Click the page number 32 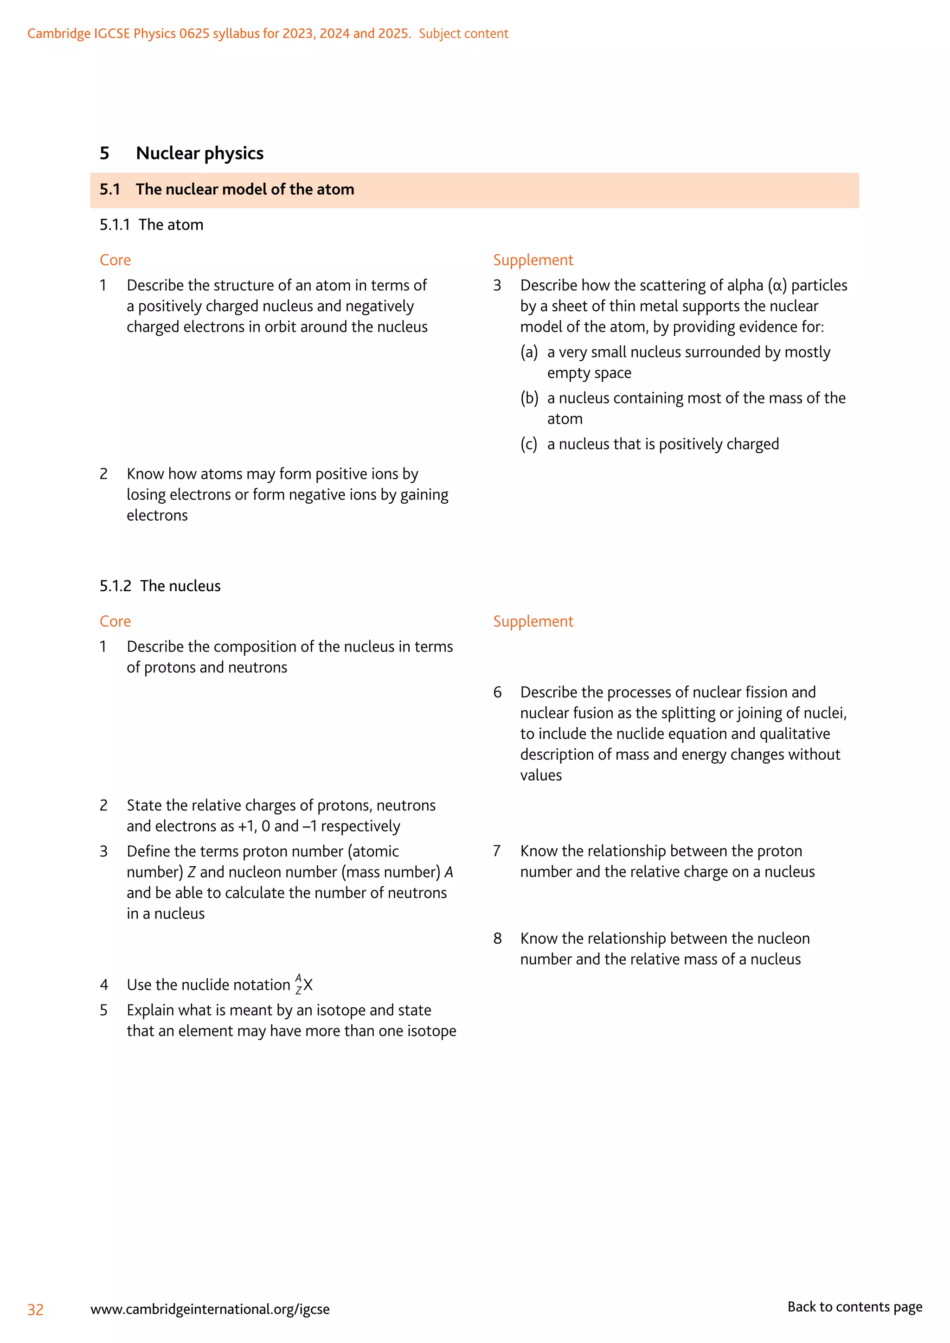click(x=35, y=1309)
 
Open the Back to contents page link click(x=854, y=1307)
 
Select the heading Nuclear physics click(x=199, y=153)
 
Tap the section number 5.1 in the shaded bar click(x=109, y=190)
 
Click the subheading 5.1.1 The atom click(x=152, y=225)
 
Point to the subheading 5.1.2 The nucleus click(x=160, y=586)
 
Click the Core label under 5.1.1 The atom click(x=115, y=260)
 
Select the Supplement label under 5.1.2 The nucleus click(x=533, y=621)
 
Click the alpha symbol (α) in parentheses click(x=777, y=286)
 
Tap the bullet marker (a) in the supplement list click(x=529, y=352)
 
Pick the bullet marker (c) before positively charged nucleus click(x=529, y=445)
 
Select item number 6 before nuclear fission click(x=497, y=692)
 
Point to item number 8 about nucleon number click(x=497, y=939)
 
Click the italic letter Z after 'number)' click(x=191, y=873)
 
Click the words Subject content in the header click(x=463, y=34)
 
